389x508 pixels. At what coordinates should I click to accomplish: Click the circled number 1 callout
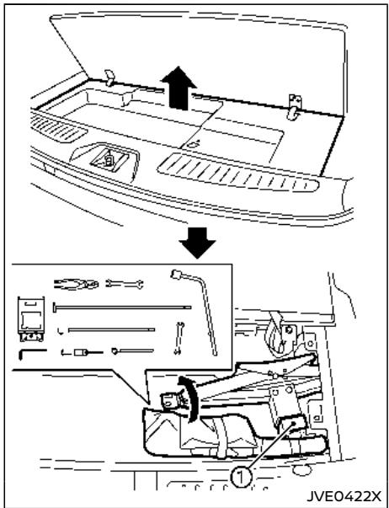[241, 478]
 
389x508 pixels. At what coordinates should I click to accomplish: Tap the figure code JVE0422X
[344, 496]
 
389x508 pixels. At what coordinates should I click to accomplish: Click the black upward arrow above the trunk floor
[179, 88]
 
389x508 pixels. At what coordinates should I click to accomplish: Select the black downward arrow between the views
[197, 243]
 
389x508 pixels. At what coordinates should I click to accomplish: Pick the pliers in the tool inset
[76, 284]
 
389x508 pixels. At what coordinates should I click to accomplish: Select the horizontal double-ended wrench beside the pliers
[125, 284]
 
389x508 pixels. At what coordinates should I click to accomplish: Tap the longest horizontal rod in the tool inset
[122, 307]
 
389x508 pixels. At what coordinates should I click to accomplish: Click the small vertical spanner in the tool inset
[179, 338]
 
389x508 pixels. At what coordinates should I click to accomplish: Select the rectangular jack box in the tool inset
[30, 319]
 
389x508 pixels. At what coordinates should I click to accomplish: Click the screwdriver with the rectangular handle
[83, 352]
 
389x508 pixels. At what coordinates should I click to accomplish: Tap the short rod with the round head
[132, 350]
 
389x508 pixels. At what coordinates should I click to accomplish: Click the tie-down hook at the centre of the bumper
[109, 159]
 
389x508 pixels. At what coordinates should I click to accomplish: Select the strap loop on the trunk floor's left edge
[110, 78]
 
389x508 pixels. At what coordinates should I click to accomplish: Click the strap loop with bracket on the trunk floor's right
[295, 107]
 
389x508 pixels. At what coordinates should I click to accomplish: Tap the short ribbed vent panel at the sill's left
[58, 129]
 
